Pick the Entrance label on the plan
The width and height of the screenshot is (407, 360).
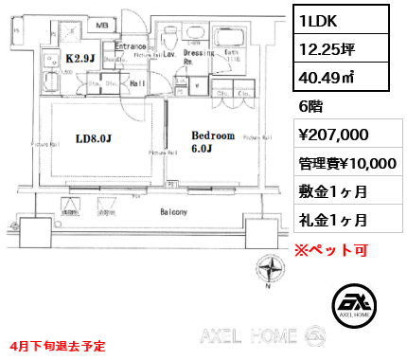[x=129, y=45]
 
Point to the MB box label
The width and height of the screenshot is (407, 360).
[x=101, y=24]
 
